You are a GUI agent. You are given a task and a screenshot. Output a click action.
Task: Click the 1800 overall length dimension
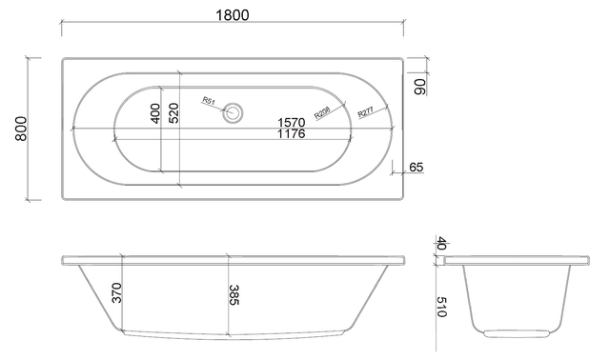(233, 15)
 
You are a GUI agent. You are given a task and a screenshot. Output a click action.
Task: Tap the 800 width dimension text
(21, 129)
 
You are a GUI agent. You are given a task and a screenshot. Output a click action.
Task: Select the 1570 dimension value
(292, 123)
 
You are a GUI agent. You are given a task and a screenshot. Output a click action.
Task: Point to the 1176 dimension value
(292, 133)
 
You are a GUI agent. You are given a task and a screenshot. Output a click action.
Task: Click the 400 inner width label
(154, 113)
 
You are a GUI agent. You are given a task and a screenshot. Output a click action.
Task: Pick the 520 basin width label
(173, 113)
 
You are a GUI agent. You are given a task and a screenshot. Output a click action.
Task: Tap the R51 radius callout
(209, 101)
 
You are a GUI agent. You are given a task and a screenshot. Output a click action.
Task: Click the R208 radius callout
(322, 112)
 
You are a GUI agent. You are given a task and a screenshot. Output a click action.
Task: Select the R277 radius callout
(365, 112)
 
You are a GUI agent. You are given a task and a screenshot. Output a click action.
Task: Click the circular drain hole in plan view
(233, 112)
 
